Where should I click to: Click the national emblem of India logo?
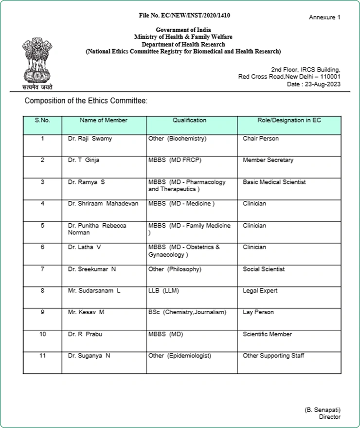coord(36,61)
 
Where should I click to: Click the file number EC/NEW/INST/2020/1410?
coord(184,16)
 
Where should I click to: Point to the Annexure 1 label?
coord(324,18)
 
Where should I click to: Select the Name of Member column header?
coord(104,120)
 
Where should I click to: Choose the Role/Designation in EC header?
coord(289,120)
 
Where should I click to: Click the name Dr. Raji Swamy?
coord(90,139)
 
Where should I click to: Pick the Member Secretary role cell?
coord(268,160)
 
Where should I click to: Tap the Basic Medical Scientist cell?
coord(274,182)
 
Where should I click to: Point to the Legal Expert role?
coord(260,291)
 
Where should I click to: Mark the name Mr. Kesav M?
coord(86,312)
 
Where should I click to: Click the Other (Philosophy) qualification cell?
coord(175,269)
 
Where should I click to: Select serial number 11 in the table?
coord(42,356)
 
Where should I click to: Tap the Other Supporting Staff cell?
coord(273,356)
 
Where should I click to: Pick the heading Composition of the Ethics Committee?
coord(86,101)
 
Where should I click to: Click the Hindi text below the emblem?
coord(36,87)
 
